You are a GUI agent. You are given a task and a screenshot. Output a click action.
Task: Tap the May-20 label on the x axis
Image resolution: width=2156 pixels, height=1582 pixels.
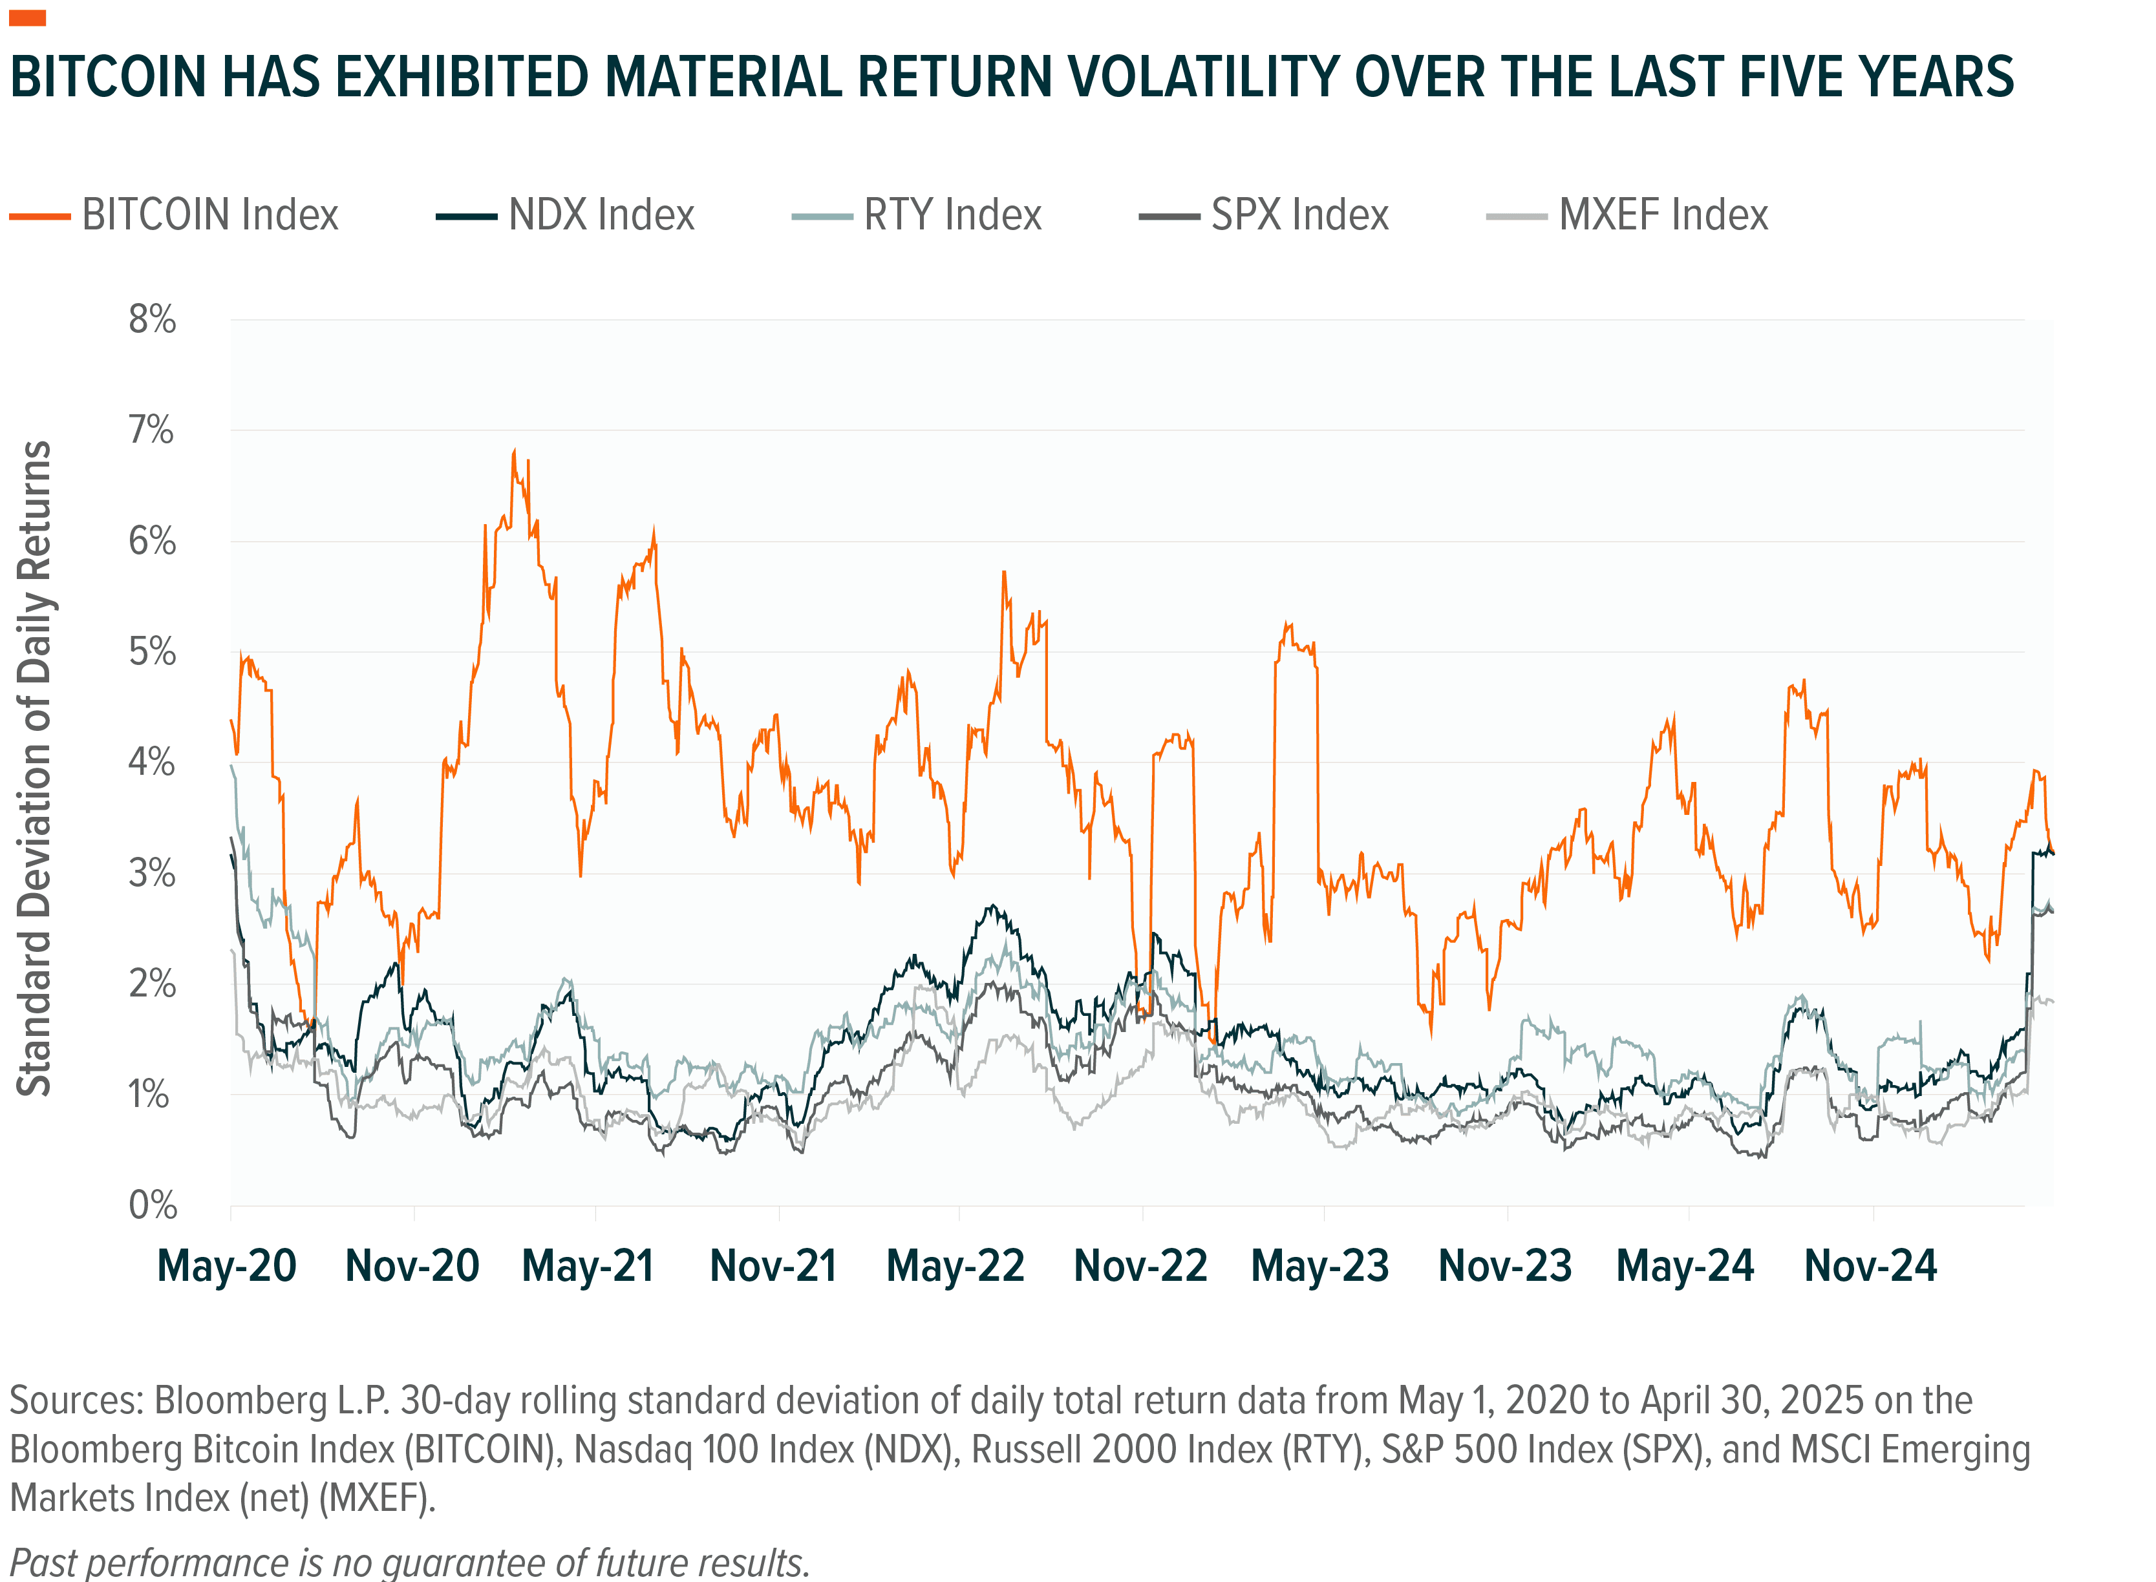point(227,1266)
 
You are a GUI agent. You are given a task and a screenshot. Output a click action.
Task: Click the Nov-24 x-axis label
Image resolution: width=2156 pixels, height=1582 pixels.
point(1870,1266)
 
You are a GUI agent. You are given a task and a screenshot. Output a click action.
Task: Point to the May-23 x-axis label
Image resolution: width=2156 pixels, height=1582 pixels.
point(1320,1266)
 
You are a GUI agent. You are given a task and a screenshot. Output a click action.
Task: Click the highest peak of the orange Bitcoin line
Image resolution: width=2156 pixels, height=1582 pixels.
point(515,450)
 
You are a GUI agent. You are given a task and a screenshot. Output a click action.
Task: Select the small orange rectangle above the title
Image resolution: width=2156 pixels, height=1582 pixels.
point(28,18)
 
